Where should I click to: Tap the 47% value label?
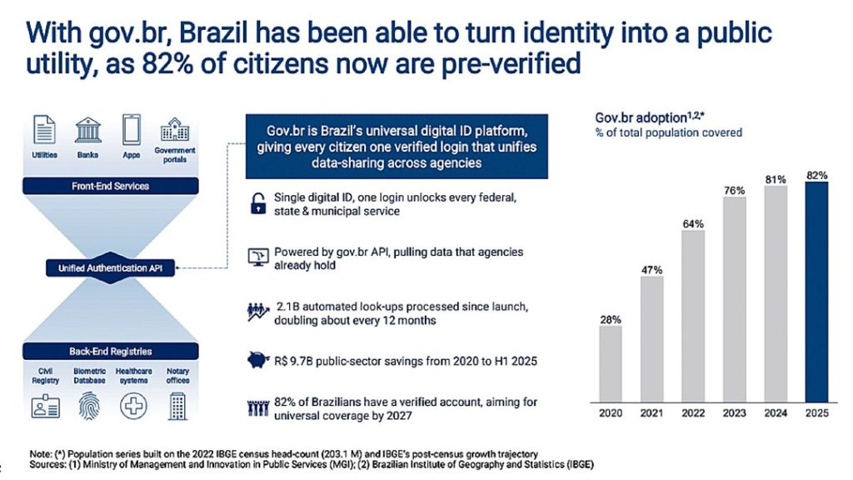pyautogui.click(x=651, y=269)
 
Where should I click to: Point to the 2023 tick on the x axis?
pyautogui.click(x=734, y=412)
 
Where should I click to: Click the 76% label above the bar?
pyautogui.click(x=734, y=189)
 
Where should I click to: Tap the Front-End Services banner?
pyautogui.click(x=110, y=186)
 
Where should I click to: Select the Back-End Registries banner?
pyautogui.click(x=110, y=351)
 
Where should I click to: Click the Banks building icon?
pyautogui.click(x=88, y=131)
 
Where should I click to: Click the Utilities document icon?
pyautogui.click(x=45, y=131)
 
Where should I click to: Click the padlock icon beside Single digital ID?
pyautogui.click(x=257, y=203)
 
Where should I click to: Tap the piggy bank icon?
pyautogui.click(x=257, y=361)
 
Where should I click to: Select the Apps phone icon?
pyautogui.click(x=132, y=131)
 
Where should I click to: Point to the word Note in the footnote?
pyautogui.click(x=39, y=452)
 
